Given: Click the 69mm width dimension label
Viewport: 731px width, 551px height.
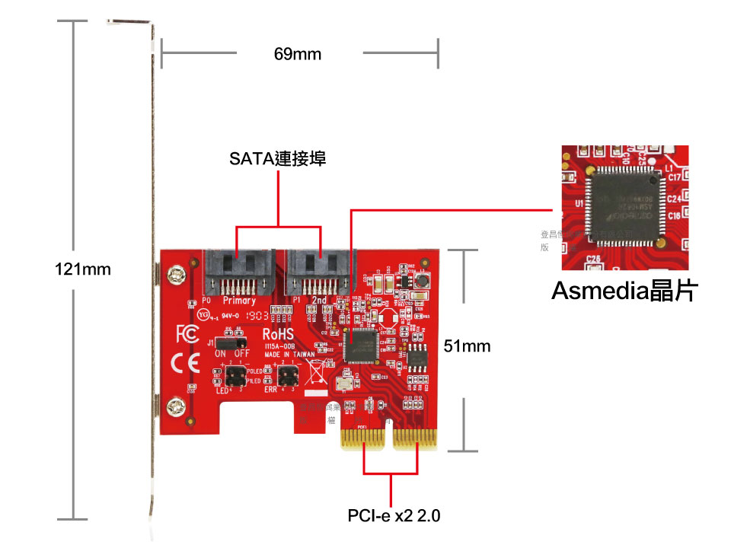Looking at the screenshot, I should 297,54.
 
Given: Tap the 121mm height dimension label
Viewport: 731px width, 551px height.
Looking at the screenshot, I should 83,269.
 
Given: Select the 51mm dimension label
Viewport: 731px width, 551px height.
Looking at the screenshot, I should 467,346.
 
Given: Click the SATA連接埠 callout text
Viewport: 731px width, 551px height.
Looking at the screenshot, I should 278,160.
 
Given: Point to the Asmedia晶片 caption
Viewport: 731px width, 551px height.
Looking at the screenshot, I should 624,291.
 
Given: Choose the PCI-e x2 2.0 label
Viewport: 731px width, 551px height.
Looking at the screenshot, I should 394,516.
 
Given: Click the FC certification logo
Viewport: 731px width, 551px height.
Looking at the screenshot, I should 186,334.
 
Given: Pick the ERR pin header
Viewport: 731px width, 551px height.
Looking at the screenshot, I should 288,374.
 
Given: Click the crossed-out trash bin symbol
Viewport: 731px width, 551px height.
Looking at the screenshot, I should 314,373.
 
